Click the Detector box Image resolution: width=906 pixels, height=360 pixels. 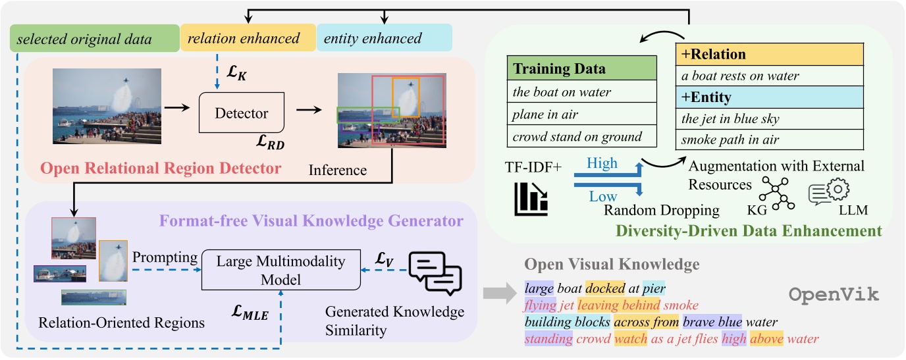(242, 113)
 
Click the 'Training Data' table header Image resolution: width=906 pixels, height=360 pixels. (583, 68)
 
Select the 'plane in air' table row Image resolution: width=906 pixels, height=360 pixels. (583, 114)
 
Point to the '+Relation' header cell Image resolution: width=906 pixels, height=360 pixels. (770, 53)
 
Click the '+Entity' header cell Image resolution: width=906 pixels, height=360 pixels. (770, 97)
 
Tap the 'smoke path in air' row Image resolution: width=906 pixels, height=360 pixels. (770, 140)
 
